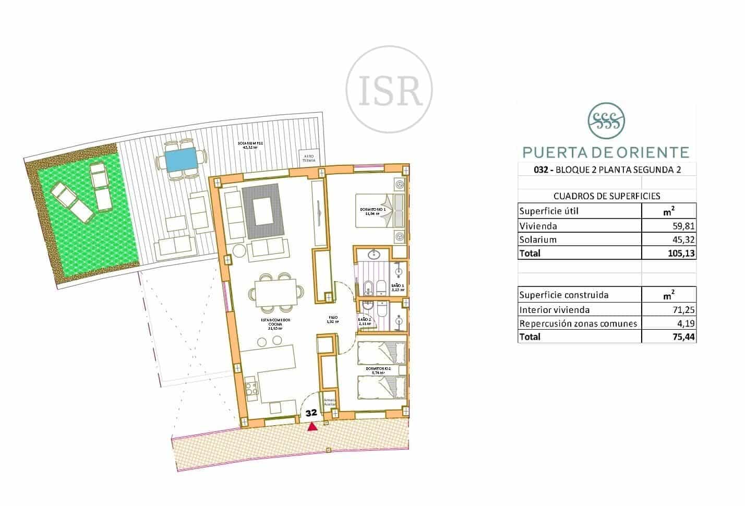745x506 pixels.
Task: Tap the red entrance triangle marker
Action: (x=312, y=427)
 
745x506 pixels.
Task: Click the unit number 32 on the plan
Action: (x=312, y=412)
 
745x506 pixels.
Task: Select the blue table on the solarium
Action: (x=182, y=159)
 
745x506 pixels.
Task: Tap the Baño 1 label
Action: (x=397, y=287)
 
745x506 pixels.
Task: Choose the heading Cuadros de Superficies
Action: (x=606, y=196)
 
